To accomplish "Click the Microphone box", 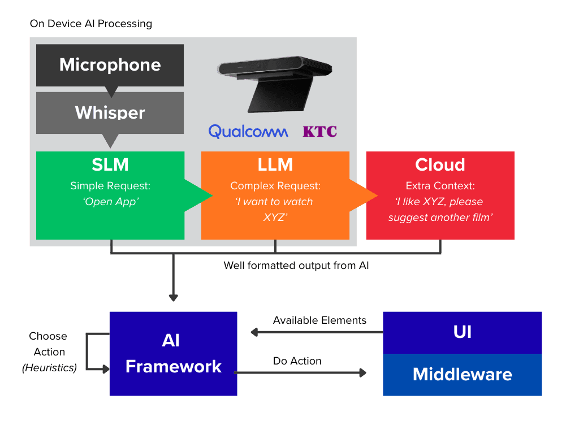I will pyautogui.click(x=110, y=65).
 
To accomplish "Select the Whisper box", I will pyautogui.click(x=110, y=112).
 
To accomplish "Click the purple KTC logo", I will pyautogui.click(x=319, y=132).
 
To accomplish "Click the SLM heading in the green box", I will pyautogui.click(x=110, y=164).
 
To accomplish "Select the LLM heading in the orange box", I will pyautogui.click(x=275, y=164).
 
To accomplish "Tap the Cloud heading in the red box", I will pyautogui.click(x=440, y=164).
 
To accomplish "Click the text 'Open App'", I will pyautogui.click(x=110, y=202).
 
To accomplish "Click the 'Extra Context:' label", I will pyautogui.click(x=440, y=186).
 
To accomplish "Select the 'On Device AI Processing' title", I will pyautogui.click(x=90, y=24).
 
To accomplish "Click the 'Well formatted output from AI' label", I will pyautogui.click(x=296, y=265).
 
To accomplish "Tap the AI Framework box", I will pyautogui.click(x=173, y=353).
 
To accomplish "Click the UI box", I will pyautogui.click(x=462, y=332).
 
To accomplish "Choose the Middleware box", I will pyautogui.click(x=462, y=374).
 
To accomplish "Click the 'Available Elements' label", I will pyautogui.click(x=319, y=320).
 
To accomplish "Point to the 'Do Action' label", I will pyautogui.click(x=297, y=361).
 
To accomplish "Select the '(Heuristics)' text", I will pyautogui.click(x=49, y=368).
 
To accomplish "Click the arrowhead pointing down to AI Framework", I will pyautogui.click(x=174, y=297).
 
